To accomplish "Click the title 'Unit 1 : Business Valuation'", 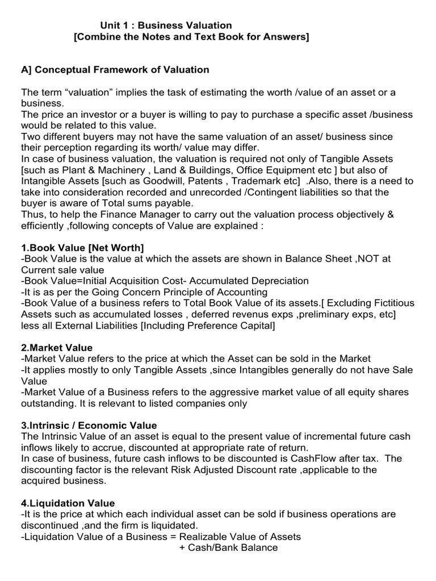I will point(166,26).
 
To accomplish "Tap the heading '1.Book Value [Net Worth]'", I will point(83,247).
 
